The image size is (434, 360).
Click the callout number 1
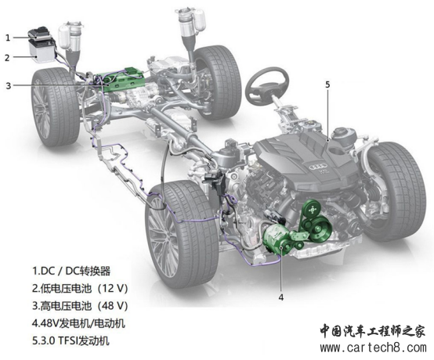point(8,38)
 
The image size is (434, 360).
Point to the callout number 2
point(8,58)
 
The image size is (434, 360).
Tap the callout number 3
point(9,85)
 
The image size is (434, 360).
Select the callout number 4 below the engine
point(281,297)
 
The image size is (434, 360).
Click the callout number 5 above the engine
point(327,85)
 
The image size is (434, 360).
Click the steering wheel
point(267,87)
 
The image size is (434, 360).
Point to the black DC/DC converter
point(39,33)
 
